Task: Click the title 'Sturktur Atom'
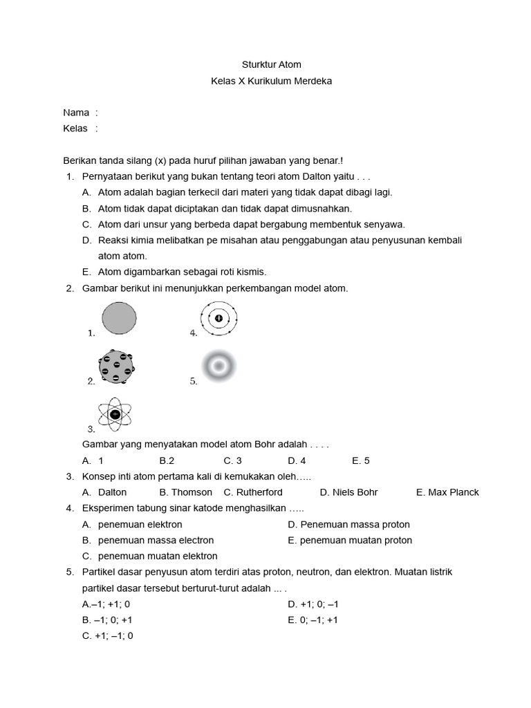(x=271, y=64)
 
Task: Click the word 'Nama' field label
(x=76, y=112)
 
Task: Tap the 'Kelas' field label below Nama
(x=75, y=128)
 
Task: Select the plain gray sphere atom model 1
(x=120, y=319)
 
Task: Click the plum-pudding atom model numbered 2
(x=116, y=366)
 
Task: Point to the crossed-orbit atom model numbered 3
(x=115, y=414)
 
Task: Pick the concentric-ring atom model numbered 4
(x=219, y=318)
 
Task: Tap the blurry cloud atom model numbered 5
(x=219, y=366)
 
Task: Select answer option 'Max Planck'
(x=453, y=492)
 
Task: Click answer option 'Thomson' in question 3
(x=192, y=492)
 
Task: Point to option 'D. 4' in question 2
(x=297, y=460)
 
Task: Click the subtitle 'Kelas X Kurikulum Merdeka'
(x=271, y=81)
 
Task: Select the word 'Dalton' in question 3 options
(x=113, y=492)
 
